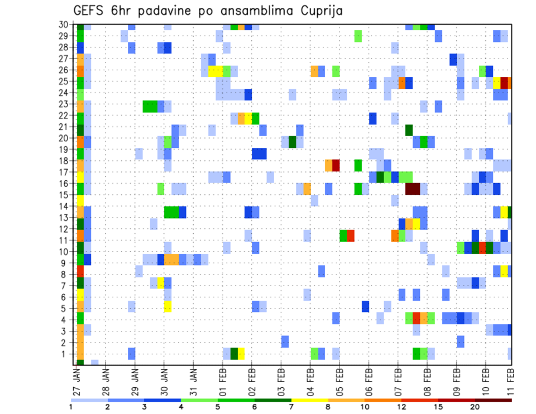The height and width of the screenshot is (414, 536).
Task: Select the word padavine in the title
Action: click(165, 11)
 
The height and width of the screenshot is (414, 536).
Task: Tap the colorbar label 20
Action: click(475, 407)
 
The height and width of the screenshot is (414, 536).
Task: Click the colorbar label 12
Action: click(402, 407)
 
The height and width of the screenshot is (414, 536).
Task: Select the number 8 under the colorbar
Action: click(328, 407)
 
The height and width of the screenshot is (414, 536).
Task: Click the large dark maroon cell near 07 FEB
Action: click(413, 189)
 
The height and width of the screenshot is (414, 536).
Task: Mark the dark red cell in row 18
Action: click(336, 166)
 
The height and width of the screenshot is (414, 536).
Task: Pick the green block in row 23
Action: click(150, 106)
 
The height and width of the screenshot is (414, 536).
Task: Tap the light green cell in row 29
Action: click(358, 36)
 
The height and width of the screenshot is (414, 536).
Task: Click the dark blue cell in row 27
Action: click(453, 59)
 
